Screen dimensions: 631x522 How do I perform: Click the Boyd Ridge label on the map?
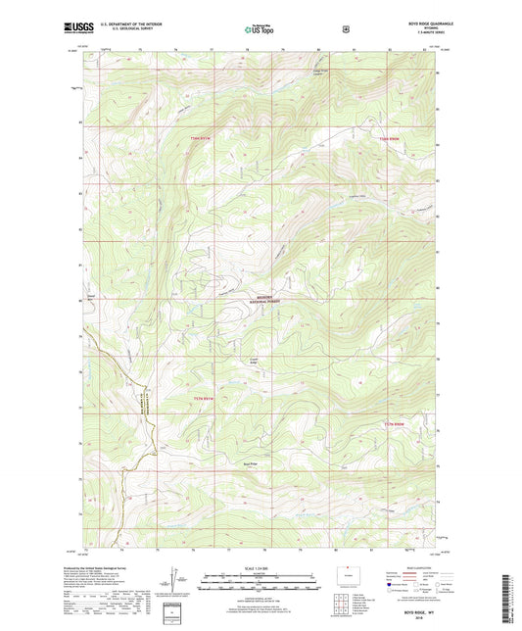(x=250, y=464)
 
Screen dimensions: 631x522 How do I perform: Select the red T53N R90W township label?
(x=389, y=138)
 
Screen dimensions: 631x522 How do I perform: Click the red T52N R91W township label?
(x=203, y=398)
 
